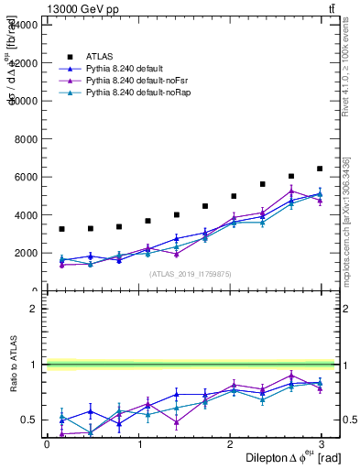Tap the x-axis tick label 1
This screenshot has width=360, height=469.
click(x=139, y=444)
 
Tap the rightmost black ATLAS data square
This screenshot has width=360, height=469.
click(x=320, y=169)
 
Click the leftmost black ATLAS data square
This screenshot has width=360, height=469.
click(x=61, y=229)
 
